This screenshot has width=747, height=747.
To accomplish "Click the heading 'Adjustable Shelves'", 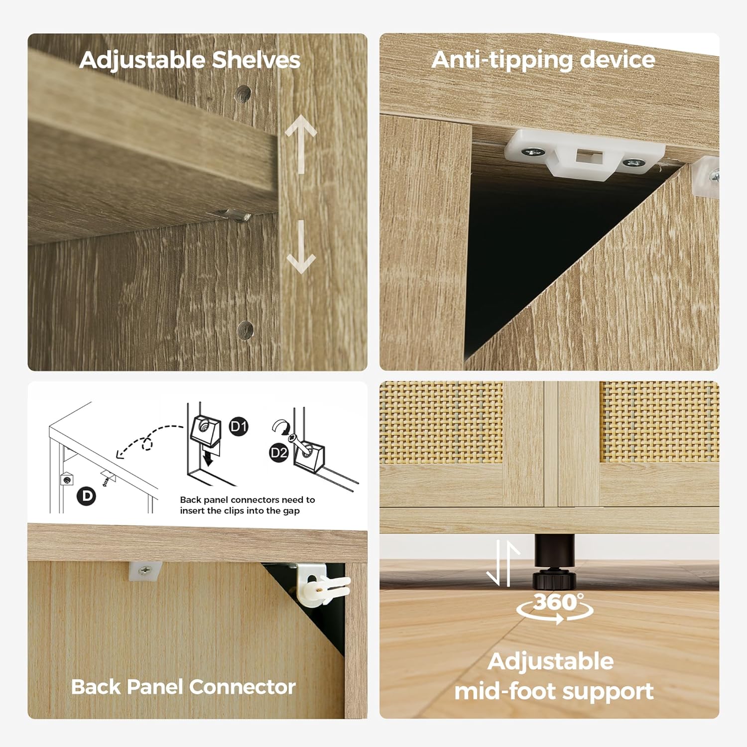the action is pos(190,61).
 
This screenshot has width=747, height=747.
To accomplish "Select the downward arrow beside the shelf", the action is pos(301,247).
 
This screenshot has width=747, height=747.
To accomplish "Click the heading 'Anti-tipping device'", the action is pos(543,61).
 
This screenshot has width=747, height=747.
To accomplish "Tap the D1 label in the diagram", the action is pos(239,426).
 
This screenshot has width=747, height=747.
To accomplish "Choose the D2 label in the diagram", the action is pos(279,453).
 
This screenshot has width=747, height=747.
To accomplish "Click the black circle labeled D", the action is pos(87,496).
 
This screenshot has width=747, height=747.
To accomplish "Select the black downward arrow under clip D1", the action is pos(209,457).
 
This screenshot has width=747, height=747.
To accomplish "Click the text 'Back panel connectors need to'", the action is pos(248,499).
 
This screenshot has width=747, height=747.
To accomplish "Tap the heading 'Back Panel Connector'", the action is pos(183,687).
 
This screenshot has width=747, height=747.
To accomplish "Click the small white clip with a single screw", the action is pos(145,571).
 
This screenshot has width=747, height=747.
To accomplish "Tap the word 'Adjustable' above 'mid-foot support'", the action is pos(550,662).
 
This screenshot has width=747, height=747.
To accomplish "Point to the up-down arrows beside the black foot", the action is pos(502,563).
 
